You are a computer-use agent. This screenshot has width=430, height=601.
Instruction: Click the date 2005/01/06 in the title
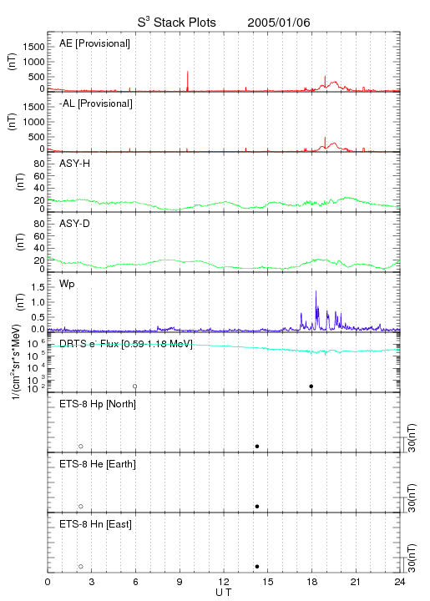pyautogui.click(x=279, y=23)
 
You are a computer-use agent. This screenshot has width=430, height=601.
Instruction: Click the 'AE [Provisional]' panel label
pyautogui.click(x=94, y=43)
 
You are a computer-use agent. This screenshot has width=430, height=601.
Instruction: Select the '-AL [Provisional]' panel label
pyautogui.click(x=96, y=104)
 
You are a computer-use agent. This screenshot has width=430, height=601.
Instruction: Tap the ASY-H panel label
pyautogui.click(x=74, y=164)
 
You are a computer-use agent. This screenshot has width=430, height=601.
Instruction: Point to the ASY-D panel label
pyautogui.click(x=74, y=224)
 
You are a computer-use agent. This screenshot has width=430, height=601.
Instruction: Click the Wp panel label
pyautogui.click(x=67, y=284)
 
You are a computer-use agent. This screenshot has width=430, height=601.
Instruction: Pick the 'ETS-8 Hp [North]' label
pyautogui.click(x=98, y=404)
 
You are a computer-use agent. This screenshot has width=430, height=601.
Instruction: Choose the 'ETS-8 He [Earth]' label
pyautogui.click(x=98, y=464)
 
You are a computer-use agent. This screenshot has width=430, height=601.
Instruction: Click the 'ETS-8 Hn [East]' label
pyautogui.click(x=95, y=524)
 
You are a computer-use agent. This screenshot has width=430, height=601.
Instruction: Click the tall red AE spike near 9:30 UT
pyautogui.click(x=187, y=81)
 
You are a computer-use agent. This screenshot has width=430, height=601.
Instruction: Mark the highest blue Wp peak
pyautogui.click(x=316, y=291)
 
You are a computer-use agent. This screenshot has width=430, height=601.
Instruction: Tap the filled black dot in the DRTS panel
pyautogui.click(x=311, y=386)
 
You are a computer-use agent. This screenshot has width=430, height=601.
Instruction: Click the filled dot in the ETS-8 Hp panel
pyautogui.click(x=257, y=446)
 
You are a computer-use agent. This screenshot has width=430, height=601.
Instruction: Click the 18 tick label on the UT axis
pyautogui.click(x=312, y=582)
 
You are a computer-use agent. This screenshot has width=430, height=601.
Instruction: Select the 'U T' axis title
pyautogui.click(x=224, y=592)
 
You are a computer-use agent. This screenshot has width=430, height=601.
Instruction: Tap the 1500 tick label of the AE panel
pyautogui.click(x=33, y=47)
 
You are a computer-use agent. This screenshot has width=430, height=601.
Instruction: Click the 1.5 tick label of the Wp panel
pyautogui.click(x=38, y=287)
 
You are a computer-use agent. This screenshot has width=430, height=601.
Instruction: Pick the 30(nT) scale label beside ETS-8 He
pyautogui.click(x=412, y=497)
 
